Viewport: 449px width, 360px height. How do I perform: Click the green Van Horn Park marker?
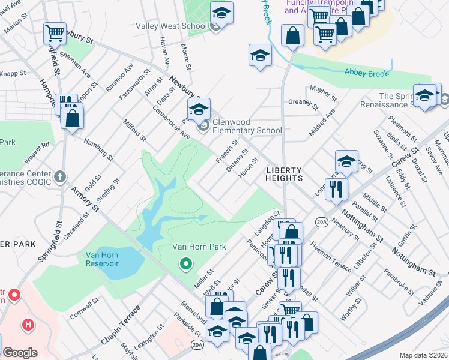186,263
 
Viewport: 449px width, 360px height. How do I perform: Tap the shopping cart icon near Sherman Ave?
55,33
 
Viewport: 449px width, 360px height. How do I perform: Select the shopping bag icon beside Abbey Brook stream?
292,35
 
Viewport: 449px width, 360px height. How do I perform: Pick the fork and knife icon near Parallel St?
336,188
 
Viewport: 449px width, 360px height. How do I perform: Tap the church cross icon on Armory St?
58,176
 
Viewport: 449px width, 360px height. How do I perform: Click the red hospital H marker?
27,325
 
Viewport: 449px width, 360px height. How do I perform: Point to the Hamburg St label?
99,149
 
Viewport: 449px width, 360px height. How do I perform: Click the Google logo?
20,353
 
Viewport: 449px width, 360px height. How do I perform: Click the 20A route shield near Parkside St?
197,344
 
